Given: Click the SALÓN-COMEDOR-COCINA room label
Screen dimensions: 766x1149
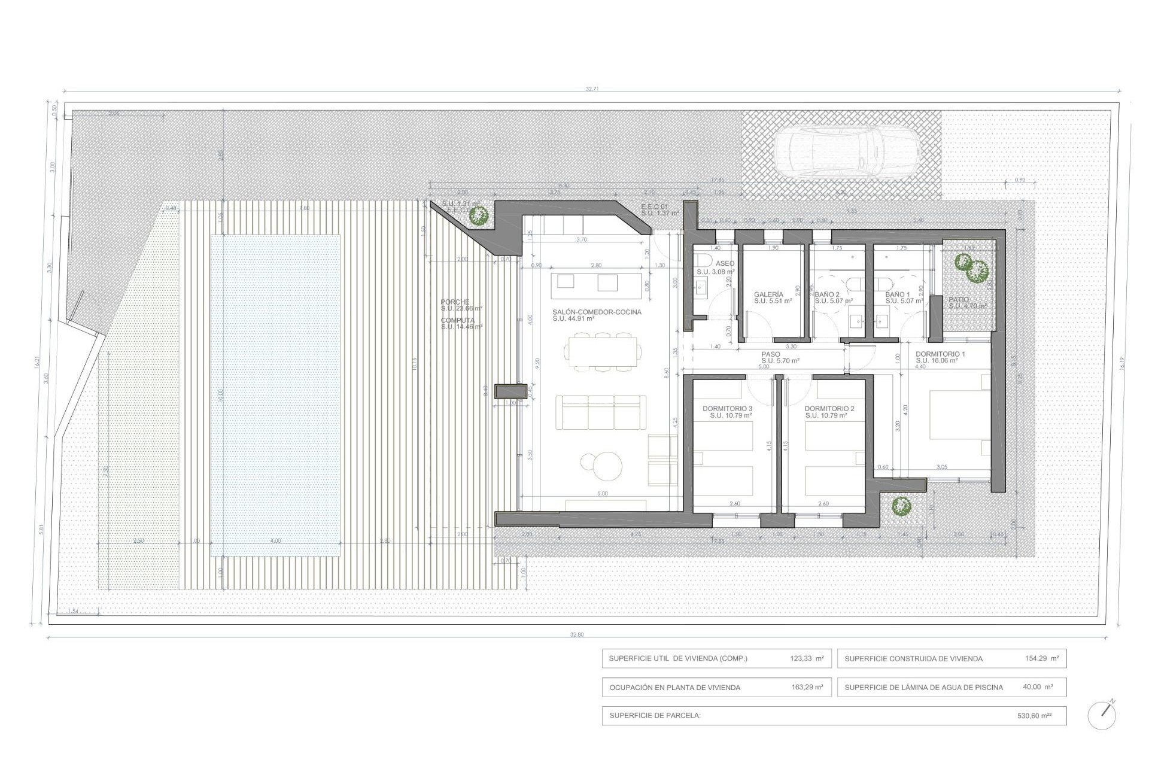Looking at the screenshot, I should tap(597, 312).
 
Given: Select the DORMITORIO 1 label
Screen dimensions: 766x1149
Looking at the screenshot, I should tap(940, 354).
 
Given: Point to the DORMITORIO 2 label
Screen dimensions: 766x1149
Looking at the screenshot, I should tap(829, 409).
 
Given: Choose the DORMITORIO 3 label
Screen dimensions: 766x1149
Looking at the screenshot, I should tap(727, 409).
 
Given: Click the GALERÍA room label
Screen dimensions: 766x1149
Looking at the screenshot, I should tap(768, 294).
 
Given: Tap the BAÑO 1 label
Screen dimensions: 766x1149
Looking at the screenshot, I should tap(898, 294).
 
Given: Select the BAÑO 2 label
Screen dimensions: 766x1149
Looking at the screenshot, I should tap(827, 294).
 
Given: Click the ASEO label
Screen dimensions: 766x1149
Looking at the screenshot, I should tap(725, 264).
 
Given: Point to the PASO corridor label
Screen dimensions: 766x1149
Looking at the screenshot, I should tap(771, 354).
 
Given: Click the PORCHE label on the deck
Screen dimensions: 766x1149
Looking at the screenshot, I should tap(455, 302).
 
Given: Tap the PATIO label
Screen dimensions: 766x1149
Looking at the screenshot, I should tap(959, 299).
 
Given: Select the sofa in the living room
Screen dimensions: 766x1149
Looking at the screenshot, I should tap(601, 412).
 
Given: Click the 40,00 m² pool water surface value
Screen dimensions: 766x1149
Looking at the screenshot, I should tap(1038, 687).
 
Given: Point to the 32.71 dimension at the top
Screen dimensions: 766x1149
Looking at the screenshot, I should tap(592, 89).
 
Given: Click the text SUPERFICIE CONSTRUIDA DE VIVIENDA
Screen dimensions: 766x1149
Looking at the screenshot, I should tap(913, 659).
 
